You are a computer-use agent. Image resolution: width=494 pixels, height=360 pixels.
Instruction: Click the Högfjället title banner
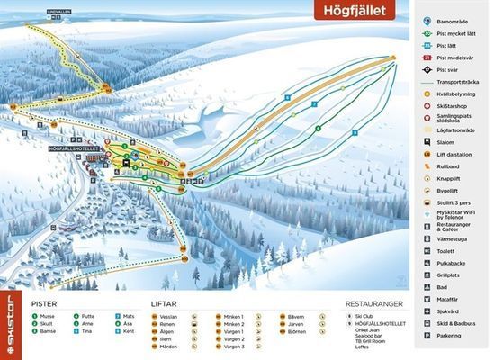pos(357,12)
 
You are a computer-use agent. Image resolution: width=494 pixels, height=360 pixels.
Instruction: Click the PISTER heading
pos(44,304)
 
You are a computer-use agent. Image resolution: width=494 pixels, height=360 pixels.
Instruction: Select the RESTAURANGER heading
pos(375,304)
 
